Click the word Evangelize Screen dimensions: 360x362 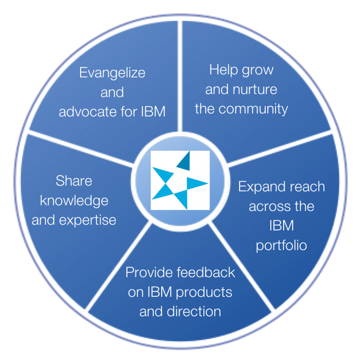pos(112,73)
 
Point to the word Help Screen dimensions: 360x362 pos(223,70)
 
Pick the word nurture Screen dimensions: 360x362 pos(255,90)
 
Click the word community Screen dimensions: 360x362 pos(253,109)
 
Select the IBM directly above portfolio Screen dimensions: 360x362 pos(282,226)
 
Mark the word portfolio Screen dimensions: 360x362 pos(281,245)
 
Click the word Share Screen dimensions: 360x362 pos(74,181)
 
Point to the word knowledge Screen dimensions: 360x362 pos(74,201)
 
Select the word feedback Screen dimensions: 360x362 pos(206,272)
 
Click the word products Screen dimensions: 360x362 pos(204,293)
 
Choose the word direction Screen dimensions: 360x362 pos(194,311)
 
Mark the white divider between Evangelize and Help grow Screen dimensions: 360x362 pos(180,76)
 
